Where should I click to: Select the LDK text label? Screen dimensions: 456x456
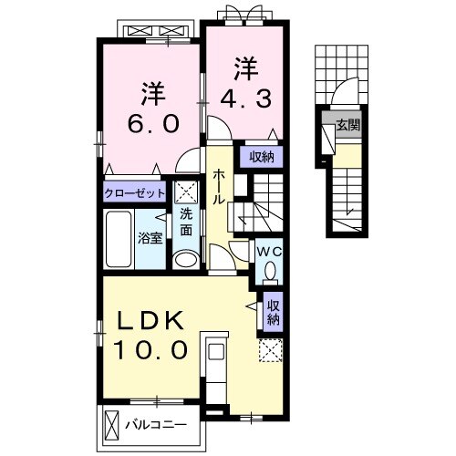coord(151,320)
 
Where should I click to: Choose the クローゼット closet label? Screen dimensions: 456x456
coord(134,193)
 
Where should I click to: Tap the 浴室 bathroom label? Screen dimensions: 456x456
coord(150,239)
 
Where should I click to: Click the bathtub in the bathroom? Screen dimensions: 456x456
coord(119,239)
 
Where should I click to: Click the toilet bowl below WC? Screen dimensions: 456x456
coord(270,273)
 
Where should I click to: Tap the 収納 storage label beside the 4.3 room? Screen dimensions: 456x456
coord(262,157)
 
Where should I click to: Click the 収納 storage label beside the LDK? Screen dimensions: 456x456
coord(274,313)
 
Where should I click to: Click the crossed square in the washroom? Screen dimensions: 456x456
coord(186,192)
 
